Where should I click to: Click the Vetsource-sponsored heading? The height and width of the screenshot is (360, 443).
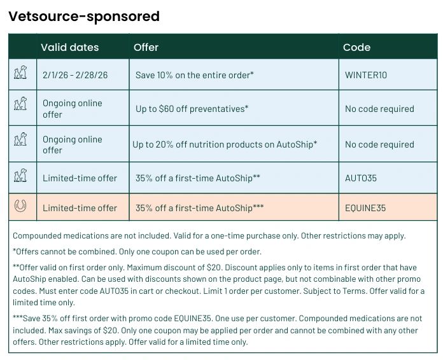84,17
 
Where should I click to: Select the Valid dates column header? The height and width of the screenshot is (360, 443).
70,48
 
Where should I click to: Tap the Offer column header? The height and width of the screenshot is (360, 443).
146,48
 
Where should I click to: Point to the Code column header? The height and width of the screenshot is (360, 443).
356,48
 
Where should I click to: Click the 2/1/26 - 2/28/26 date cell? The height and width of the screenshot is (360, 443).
75,75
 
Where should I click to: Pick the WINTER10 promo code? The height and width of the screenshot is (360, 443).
366,75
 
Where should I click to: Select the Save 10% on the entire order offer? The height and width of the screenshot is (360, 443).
195,75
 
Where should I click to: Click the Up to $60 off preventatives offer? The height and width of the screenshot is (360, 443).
192,109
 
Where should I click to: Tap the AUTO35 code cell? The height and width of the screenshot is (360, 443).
361,178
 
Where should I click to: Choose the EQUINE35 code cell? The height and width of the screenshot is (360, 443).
365,208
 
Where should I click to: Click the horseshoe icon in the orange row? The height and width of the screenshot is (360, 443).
20,205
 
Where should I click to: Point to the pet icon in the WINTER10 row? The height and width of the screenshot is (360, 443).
20,73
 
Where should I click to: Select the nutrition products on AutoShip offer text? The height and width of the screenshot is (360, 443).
225,144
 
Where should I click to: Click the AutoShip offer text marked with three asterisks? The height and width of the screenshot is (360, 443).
199,208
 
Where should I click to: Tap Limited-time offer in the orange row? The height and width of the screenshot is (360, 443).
80,208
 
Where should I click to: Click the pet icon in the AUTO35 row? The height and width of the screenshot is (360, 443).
20,176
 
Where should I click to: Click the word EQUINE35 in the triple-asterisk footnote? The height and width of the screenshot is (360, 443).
192,319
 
